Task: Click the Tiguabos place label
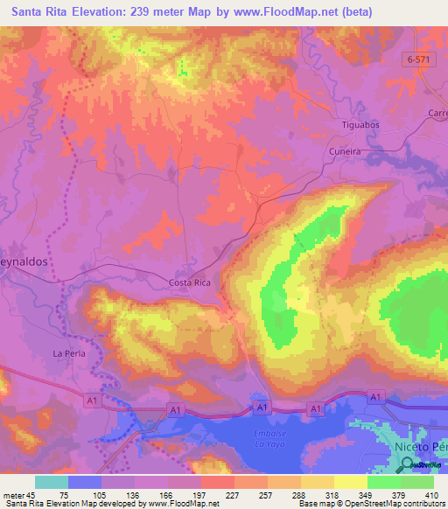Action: [x=359, y=125]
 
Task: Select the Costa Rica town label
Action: [x=189, y=283]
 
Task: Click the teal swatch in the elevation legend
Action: [x=52, y=482]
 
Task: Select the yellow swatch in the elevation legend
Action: [x=351, y=482]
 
